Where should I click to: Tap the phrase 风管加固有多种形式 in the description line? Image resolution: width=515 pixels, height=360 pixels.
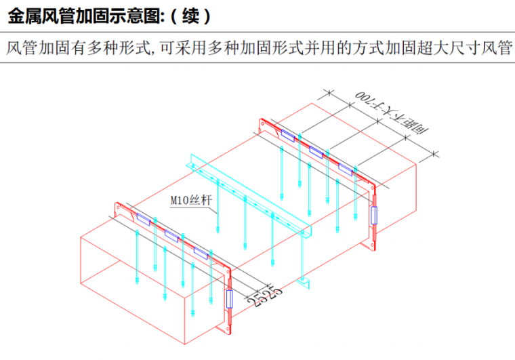(x=72, y=49)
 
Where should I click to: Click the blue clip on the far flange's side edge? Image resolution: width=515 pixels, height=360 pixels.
(x=373, y=215)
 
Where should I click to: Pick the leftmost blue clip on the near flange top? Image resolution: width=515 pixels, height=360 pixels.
(x=144, y=218)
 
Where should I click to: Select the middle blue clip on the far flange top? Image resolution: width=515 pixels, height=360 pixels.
(x=317, y=151)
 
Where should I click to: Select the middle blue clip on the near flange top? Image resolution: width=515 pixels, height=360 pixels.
(x=172, y=235)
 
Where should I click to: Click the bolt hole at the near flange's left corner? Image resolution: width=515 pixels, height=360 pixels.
(x=119, y=205)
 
